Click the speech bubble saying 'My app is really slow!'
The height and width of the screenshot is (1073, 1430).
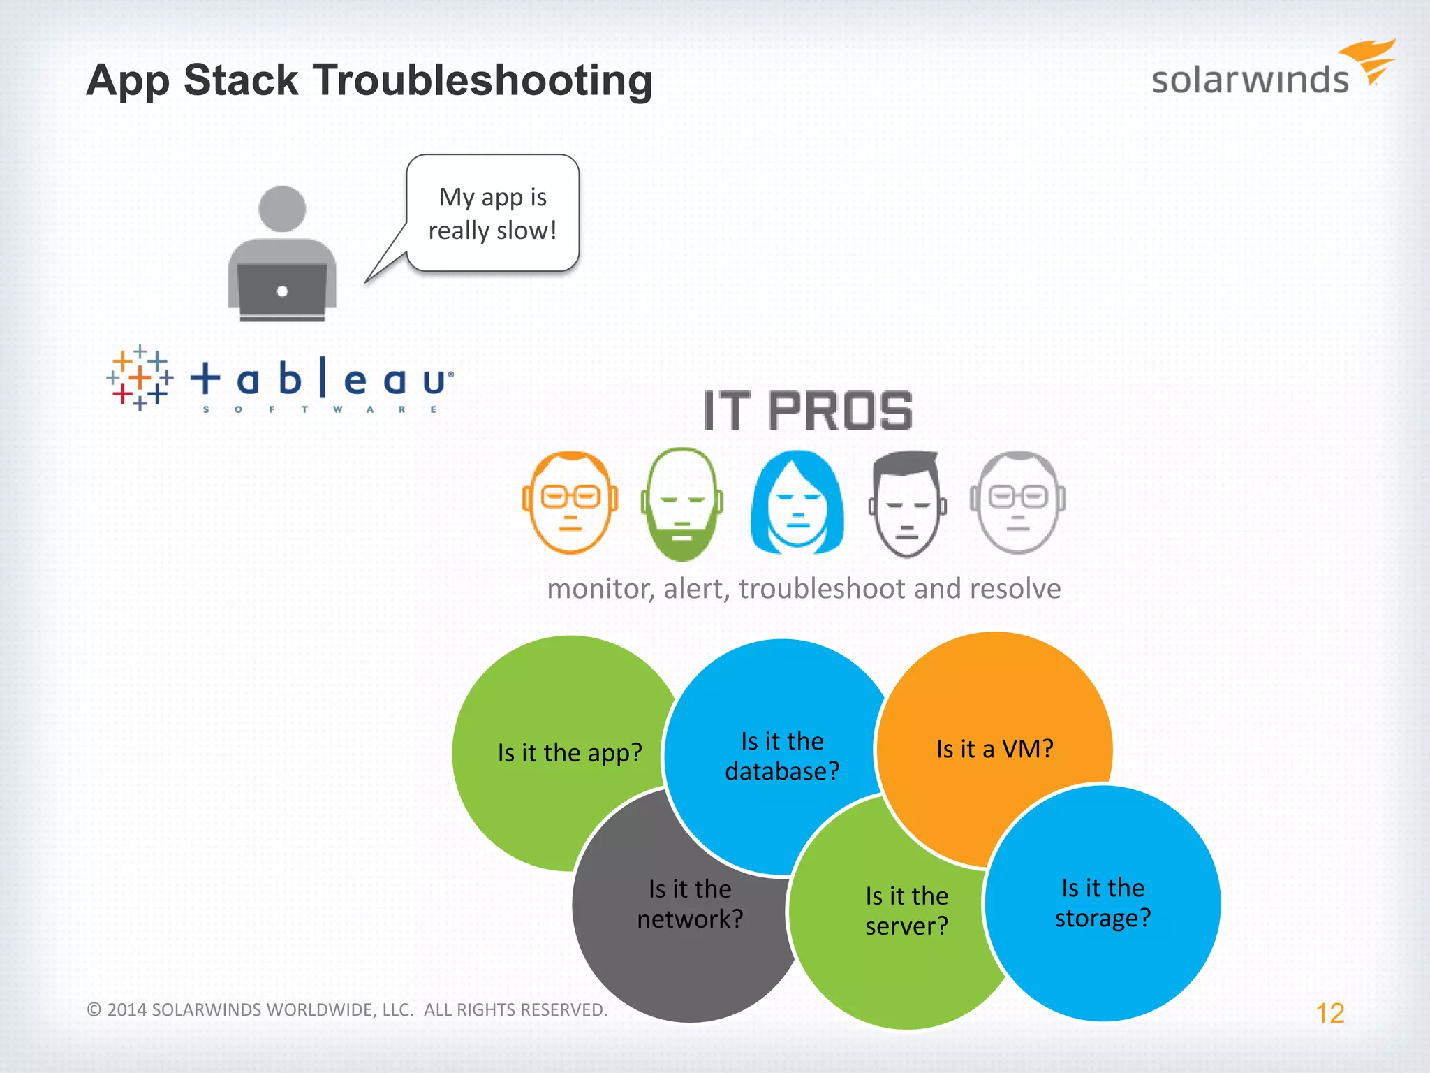pyautogui.click(x=493, y=213)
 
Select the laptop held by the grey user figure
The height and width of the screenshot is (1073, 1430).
pyautogui.click(x=282, y=290)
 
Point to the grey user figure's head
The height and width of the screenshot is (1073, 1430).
pyautogui.click(x=282, y=208)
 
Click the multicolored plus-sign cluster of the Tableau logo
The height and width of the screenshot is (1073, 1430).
pyautogui.click(x=140, y=377)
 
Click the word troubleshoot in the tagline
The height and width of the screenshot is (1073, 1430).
pyautogui.click(x=822, y=589)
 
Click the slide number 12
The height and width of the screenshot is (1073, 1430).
pyautogui.click(x=1329, y=1013)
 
